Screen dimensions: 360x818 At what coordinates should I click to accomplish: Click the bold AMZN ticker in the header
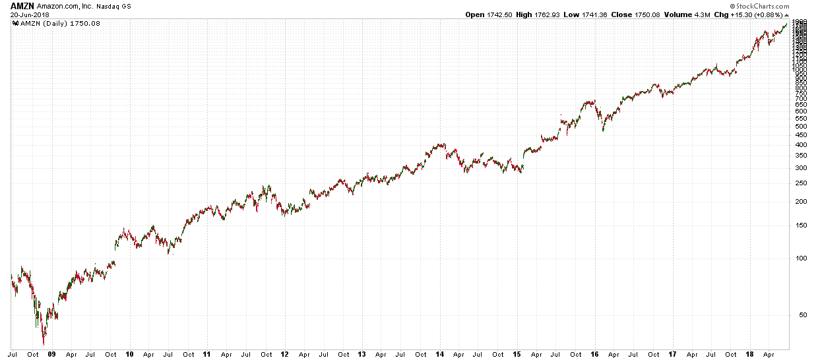(22, 6)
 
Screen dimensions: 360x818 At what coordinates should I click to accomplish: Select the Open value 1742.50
(499, 15)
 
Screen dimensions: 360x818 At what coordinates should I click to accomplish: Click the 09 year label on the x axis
(53, 354)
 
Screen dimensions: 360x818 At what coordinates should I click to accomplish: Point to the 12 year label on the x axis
(284, 354)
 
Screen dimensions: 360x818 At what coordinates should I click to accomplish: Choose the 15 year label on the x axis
(519, 354)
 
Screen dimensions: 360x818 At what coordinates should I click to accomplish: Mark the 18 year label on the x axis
(749, 354)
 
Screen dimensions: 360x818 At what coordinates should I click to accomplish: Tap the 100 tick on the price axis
(800, 258)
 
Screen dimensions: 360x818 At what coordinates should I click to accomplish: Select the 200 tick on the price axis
(800, 202)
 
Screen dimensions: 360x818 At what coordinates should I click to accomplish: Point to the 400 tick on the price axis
(800, 145)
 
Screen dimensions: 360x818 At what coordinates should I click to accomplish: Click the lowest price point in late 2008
(44, 344)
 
